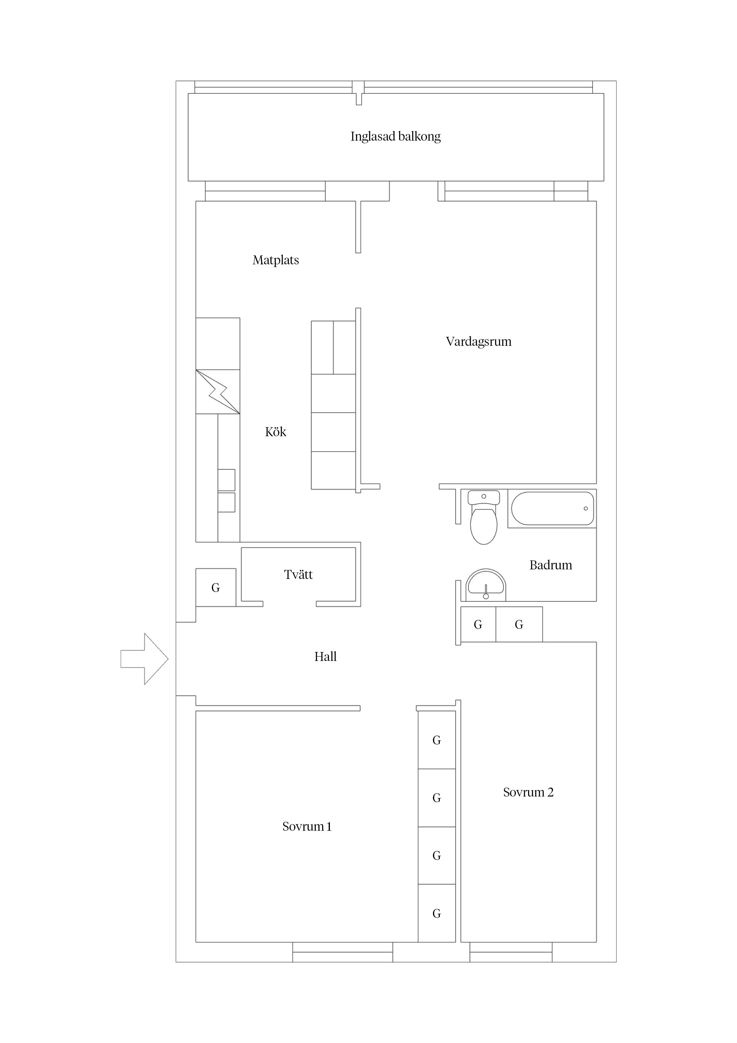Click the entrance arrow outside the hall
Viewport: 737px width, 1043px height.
[x=144, y=659]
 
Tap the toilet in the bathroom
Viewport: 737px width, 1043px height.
[x=484, y=517]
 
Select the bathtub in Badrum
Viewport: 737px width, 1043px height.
[x=552, y=508]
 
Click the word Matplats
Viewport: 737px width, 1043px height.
[x=276, y=260]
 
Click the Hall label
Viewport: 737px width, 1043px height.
[x=326, y=656]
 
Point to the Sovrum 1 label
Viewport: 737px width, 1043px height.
[x=307, y=826]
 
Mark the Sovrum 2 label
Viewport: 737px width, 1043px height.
[x=528, y=792]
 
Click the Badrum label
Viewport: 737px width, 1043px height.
[x=551, y=565]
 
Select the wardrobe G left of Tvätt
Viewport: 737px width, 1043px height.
[x=216, y=588]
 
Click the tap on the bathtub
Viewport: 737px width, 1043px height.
[x=586, y=508]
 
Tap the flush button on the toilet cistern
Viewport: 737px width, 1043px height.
[x=484, y=496]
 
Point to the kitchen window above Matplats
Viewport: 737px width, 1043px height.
[x=265, y=191]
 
